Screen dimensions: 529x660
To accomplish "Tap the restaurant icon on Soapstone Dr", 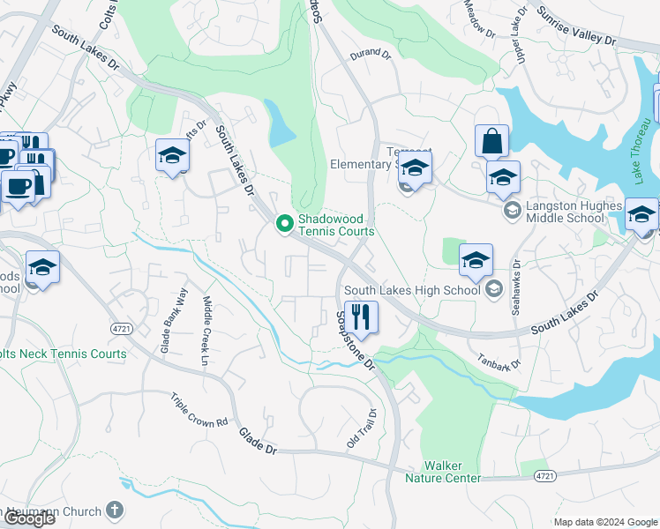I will coord(360,316).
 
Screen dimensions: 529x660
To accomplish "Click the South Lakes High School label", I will coord(412,289).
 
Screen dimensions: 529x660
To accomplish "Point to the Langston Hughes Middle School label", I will coord(577,211).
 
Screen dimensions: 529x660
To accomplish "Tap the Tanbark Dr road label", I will coord(499,361).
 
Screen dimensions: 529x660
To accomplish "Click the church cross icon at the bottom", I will coord(114,509).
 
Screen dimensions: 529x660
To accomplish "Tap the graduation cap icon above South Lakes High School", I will coord(476,259).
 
